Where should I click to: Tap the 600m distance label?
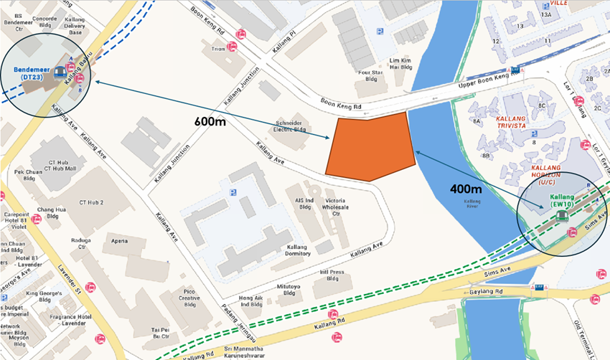click(210, 121)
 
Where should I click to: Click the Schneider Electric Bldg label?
click(291, 127)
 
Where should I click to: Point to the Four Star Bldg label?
click(371, 75)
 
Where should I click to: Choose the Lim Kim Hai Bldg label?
click(400, 64)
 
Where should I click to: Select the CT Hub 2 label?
click(91, 203)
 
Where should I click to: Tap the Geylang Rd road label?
click(488, 292)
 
